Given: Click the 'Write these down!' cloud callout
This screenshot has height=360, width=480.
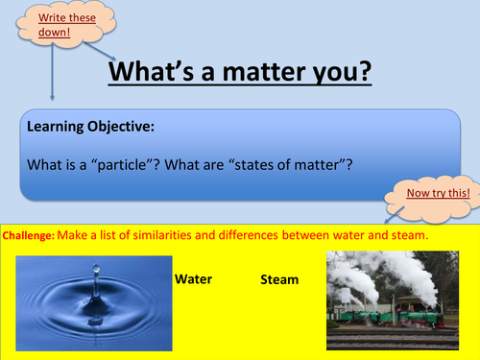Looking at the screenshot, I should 52,27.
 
